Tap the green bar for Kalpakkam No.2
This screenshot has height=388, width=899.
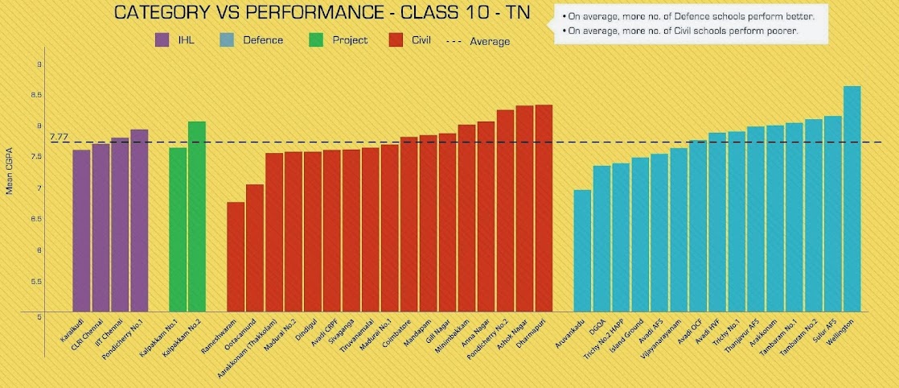(197, 217)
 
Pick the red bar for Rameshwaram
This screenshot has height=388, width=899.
(236, 257)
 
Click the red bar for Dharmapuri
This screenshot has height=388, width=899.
(544, 208)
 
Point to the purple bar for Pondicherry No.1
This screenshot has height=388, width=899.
(139, 221)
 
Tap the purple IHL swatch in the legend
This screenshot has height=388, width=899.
(162, 39)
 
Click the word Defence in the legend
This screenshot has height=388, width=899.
(263, 39)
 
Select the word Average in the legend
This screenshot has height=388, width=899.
(490, 41)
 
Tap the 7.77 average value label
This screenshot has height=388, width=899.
(59, 138)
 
